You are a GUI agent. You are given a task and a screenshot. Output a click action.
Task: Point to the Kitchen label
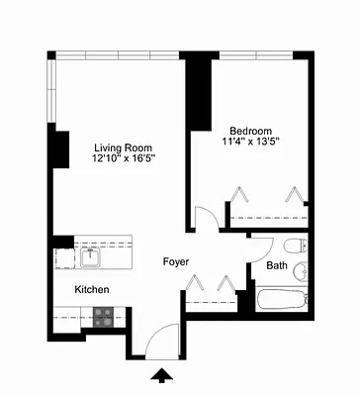click(x=92, y=289)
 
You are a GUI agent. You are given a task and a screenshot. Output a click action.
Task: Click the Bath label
click(x=276, y=265)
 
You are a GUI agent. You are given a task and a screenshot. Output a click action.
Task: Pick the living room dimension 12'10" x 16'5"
click(x=124, y=156)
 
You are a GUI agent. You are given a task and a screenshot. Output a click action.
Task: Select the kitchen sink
click(x=90, y=256)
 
